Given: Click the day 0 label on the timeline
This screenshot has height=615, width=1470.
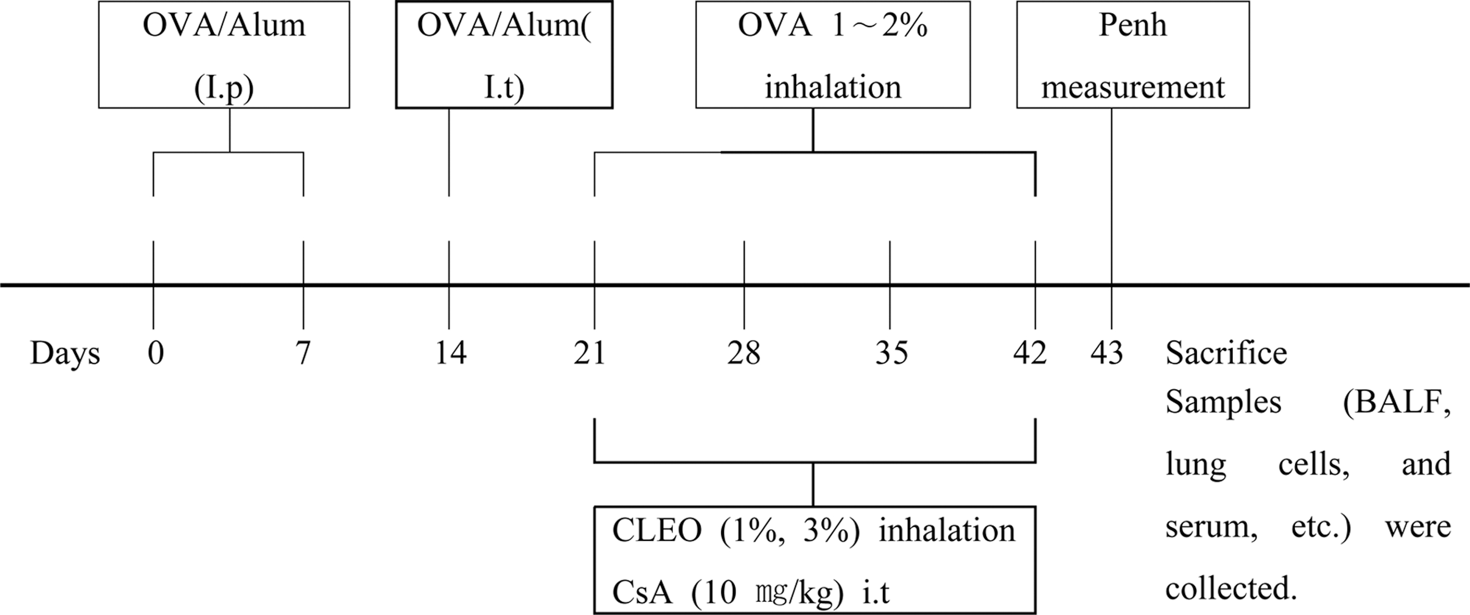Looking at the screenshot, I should pos(155,353).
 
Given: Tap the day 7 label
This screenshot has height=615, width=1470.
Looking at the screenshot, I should pos(303,353).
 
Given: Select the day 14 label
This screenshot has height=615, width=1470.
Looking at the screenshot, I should pos(451,353).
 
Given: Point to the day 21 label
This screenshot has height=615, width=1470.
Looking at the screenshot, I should pos(590,353).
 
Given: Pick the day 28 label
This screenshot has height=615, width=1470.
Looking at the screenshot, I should pos(744,353).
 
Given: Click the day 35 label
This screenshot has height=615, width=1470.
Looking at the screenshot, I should pos(891,353).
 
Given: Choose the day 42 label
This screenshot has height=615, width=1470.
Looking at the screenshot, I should pos(1030,353).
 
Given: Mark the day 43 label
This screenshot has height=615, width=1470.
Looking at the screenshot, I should pos(1107,353).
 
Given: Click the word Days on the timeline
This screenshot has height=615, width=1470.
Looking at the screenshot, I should pos(65,353).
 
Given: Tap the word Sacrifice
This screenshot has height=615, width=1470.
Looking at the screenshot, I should pos(1226,353).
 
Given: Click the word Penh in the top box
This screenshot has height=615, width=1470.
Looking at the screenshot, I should pos(1133,26).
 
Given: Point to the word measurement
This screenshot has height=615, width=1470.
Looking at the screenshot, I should pos(1133,87).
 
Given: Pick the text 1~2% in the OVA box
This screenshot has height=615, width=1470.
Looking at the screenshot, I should pos(879,26).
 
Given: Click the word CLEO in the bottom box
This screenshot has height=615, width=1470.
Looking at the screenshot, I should pos(657,531).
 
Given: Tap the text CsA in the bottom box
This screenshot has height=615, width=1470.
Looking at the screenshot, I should pos(642,593).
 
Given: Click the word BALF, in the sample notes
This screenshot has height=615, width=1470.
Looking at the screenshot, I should pos(1397,403).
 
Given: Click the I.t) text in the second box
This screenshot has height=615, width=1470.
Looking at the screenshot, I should pos(504,89).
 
